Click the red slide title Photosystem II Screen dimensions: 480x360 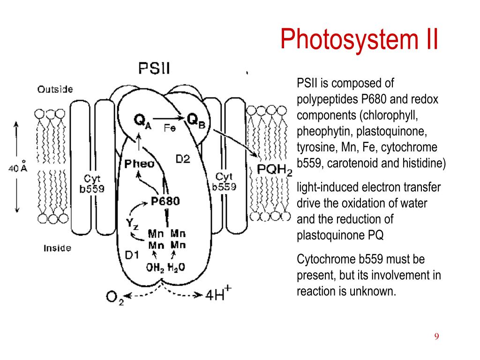360,39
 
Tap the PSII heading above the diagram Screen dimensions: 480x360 154,68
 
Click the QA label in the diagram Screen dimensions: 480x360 142,121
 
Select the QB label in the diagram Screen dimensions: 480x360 195,120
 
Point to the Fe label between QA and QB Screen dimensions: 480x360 170,127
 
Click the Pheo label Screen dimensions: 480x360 139,164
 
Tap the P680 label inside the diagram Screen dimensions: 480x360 165,201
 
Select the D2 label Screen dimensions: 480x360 183,159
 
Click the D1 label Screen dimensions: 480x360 132,255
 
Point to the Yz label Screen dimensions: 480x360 132,224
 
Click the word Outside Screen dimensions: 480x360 55,90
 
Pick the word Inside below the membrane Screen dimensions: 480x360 57,248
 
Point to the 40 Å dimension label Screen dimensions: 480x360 18,167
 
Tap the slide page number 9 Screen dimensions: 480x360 436,337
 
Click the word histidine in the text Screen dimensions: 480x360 424,163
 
